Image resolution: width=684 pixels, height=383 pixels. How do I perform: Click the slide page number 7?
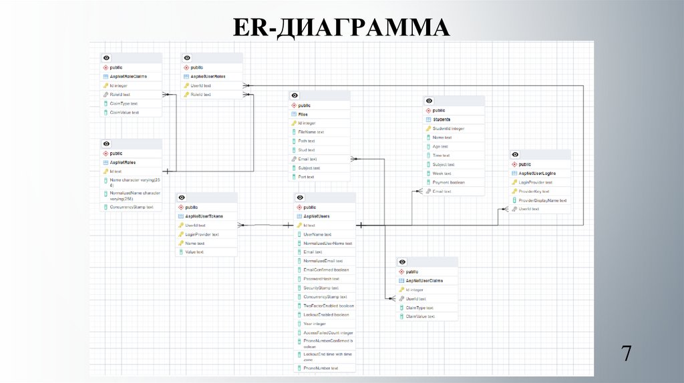point(627,354)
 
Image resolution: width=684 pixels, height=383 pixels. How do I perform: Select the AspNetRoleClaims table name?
point(128,77)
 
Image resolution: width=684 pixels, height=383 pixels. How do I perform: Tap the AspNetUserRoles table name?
point(208,77)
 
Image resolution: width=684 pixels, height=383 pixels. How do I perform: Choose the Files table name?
point(303,114)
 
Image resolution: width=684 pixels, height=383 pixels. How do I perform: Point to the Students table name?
point(442,119)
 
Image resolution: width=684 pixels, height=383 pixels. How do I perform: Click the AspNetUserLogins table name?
point(537,173)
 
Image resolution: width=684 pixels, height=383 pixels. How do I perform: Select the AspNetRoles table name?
point(123,162)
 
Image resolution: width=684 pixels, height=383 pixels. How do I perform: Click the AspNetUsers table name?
point(317,216)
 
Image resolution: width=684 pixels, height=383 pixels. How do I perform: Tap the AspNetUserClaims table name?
point(424,281)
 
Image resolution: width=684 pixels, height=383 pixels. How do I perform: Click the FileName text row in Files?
point(311,132)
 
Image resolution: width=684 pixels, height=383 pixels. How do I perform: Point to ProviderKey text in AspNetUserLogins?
point(534,191)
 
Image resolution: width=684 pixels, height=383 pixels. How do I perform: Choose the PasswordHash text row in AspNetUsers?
point(321,279)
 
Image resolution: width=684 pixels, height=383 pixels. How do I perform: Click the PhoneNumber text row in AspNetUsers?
point(321,368)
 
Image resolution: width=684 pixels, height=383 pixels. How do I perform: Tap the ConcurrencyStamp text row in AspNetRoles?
point(132,207)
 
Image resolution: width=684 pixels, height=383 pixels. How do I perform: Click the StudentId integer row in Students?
point(448,128)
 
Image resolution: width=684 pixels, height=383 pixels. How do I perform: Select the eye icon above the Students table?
point(430,101)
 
